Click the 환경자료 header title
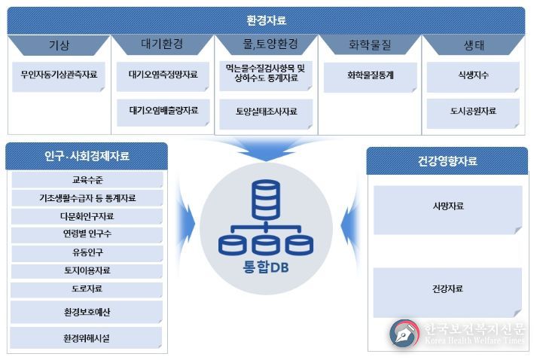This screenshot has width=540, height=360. point(266,20)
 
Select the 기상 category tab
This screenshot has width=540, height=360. point(59,44)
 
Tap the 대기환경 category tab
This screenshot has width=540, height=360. point(162,44)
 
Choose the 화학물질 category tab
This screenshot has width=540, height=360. point(370,44)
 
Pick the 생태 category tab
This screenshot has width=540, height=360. point(474,44)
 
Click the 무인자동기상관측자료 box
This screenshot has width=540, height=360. point(59,77)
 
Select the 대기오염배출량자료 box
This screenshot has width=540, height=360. point(163,113)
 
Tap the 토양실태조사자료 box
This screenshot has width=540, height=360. point(266,114)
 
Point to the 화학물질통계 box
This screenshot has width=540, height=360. point(371,78)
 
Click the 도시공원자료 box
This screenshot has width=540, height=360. point(473,113)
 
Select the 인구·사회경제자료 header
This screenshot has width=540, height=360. point(87,156)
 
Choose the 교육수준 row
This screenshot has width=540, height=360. point(87,180)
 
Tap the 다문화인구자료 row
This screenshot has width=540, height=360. point(87,216)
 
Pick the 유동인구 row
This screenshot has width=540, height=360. point(87,253)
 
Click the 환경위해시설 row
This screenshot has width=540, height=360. point(86,338)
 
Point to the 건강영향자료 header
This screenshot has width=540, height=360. point(447,161)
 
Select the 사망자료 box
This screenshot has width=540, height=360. point(447,210)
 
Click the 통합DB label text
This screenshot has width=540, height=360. point(266,267)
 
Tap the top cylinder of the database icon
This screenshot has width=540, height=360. point(266,200)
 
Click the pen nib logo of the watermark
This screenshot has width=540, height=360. point(404,333)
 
